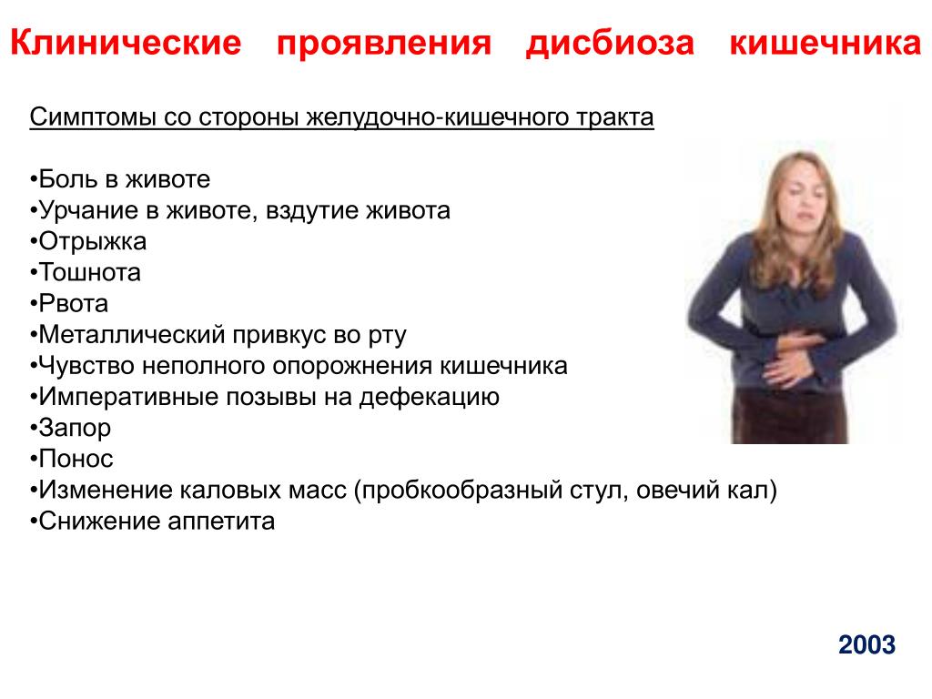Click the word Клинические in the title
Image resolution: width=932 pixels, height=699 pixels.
pos(126,43)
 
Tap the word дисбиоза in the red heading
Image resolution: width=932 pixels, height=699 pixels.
pos(610,44)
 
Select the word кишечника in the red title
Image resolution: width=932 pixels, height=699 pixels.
pos(826,44)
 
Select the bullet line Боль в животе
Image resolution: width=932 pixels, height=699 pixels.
pos(119,179)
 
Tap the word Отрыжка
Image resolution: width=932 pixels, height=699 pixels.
pos(93,242)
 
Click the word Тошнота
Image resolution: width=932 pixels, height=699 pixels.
pos(90,273)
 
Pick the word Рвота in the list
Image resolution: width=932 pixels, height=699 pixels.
pos(73,304)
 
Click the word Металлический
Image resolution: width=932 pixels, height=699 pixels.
pos(132,335)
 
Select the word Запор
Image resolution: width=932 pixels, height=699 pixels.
pos(75,429)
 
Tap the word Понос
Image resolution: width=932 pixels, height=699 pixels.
pos(76,459)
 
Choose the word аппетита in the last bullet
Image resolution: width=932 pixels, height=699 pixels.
pos(221,522)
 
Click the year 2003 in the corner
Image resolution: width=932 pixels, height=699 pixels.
pos(866,645)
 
